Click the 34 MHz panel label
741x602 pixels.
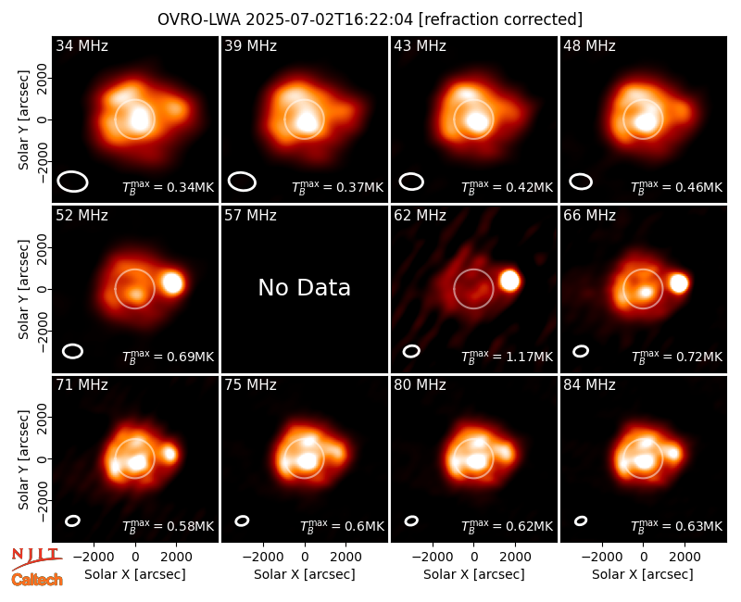tap(82, 45)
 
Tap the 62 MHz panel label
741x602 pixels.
tap(421, 216)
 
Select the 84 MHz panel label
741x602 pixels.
tap(589, 385)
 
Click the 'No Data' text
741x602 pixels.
tap(305, 287)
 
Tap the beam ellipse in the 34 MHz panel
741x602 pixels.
tap(73, 173)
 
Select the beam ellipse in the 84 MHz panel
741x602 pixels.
tap(581, 520)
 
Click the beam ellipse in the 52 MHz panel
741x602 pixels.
tap(73, 345)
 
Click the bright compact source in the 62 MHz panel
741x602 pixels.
tap(509, 281)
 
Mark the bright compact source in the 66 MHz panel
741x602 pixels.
tap(679, 283)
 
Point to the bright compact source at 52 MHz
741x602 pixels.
tap(172, 282)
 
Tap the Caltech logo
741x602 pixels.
tap(37, 580)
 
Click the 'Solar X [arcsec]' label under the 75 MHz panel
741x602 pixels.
tap(305, 574)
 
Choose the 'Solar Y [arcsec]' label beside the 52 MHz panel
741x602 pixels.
tap(23, 289)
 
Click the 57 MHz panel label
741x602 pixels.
tap(250, 216)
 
